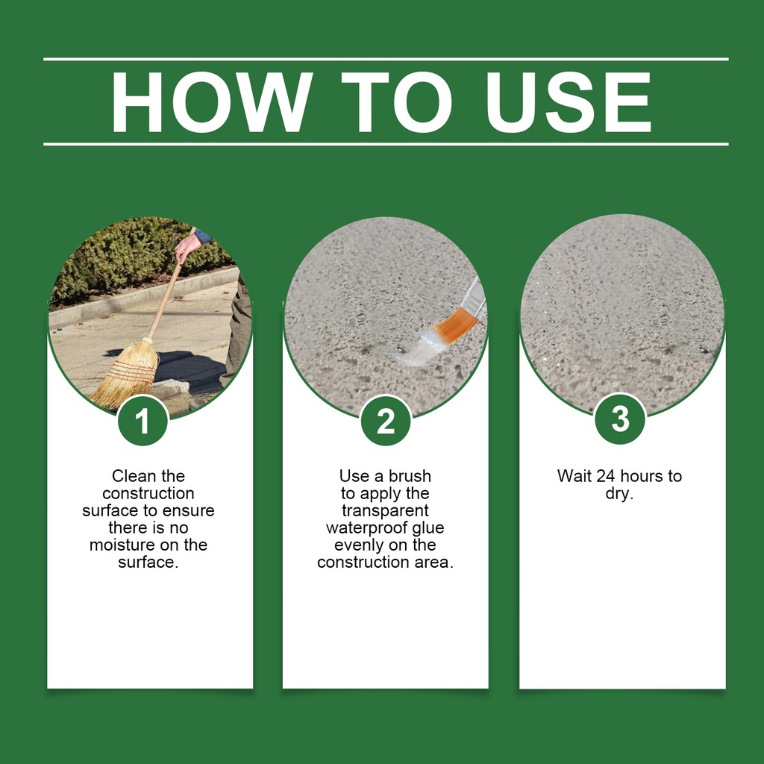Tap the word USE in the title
coord(568,101)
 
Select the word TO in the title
coord(397,101)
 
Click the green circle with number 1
coord(143,421)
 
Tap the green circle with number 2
coord(386,421)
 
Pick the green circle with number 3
coord(620,419)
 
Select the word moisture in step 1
coord(122,545)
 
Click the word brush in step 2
coord(410,475)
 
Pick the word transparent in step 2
coord(385,510)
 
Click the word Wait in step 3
coord(574,475)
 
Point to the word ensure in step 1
coord(189,510)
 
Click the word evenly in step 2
coord(359,545)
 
